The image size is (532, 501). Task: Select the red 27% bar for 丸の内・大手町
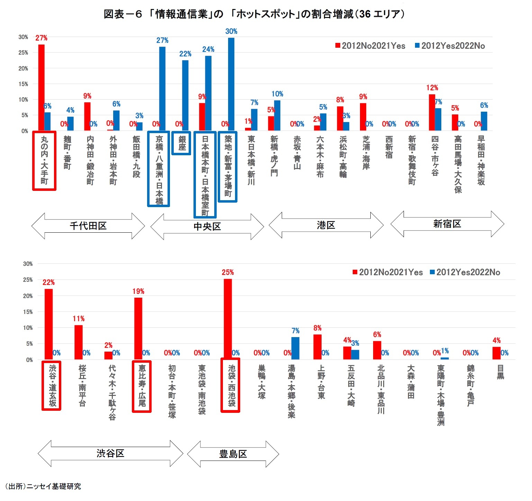click(x=41, y=87)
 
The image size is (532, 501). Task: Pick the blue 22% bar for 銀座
click(x=185, y=95)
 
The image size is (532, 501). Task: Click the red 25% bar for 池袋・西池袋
click(x=228, y=319)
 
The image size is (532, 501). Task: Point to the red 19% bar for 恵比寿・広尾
click(x=138, y=328)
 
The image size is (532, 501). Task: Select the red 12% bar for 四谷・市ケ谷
click(x=432, y=112)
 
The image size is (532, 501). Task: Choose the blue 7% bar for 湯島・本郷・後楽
click(x=295, y=348)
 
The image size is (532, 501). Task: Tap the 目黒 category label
click(x=501, y=372)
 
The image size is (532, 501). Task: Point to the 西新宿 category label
click(x=389, y=147)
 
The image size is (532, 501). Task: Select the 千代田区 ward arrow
click(x=88, y=226)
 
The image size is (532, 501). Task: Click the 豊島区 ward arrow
click(x=233, y=454)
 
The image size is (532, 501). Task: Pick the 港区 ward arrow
click(x=326, y=225)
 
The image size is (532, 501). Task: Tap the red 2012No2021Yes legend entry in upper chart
click(x=370, y=46)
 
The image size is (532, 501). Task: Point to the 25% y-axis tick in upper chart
click(x=23, y=53)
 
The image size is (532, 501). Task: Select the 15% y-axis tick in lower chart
click(x=28, y=312)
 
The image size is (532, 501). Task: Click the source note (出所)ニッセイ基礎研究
click(x=43, y=486)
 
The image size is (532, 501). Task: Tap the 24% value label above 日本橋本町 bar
click(x=208, y=49)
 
